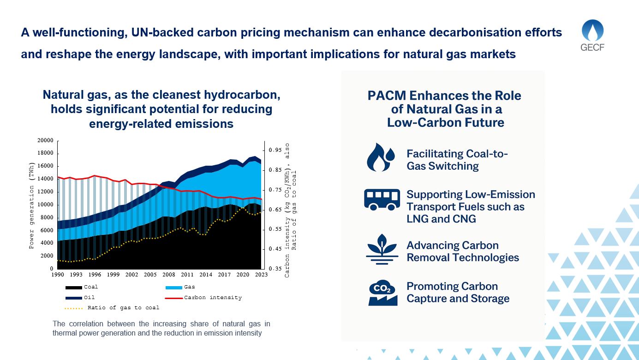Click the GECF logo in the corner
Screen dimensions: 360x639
pos(593,36)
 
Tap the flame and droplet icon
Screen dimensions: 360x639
pos(381,157)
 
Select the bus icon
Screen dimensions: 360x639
pos(382,199)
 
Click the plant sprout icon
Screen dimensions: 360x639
pos(382,249)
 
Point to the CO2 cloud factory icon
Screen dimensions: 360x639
pos(382,293)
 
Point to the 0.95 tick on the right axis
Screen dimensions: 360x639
pos(275,150)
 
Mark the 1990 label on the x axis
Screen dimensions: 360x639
pos(58,275)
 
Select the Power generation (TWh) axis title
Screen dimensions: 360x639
pos(32,205)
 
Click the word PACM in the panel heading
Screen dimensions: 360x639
pos(387,96)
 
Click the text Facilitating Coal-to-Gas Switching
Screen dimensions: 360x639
pos(457,160)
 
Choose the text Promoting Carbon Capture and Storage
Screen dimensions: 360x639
pos(458,292)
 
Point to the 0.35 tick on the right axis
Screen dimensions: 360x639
pos(275,269)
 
